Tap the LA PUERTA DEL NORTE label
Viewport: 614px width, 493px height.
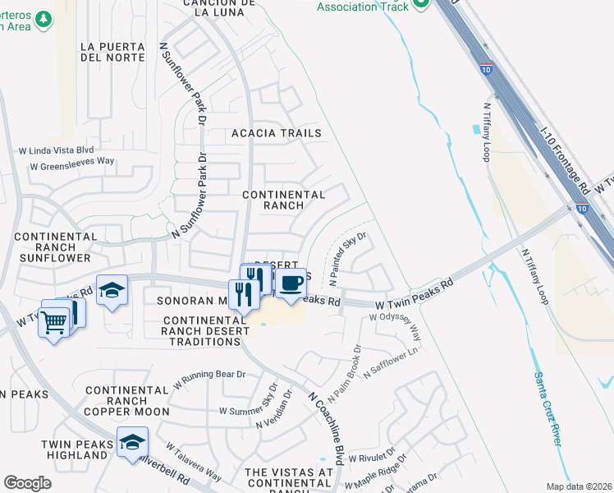click(112, 51)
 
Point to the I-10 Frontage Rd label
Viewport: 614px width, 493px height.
click(566, 157)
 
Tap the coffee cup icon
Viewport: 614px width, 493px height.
click(291, 283)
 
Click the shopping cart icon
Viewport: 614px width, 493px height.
click(53, 322)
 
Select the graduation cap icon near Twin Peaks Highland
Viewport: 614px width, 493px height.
click(132, 442)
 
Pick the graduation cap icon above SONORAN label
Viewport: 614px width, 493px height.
click(112, 290)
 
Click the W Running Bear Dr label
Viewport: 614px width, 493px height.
click(209, 380)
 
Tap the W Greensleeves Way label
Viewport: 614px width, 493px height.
click(71, 164)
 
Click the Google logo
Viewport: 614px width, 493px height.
click(27, 483)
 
